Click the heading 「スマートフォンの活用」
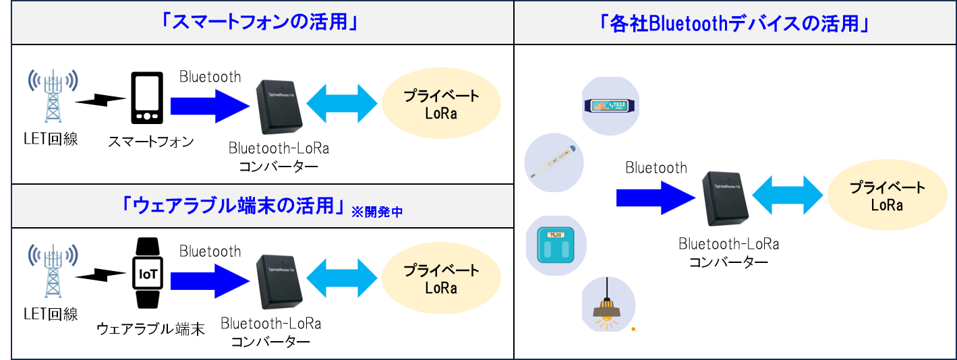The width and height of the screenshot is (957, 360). coord(260,24)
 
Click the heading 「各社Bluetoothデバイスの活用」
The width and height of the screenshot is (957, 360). coord(733,24)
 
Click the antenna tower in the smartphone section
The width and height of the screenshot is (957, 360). coord(53,96)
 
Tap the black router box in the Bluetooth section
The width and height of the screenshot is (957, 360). coord(725,198)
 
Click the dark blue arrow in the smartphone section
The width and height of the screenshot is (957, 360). coord(210,106)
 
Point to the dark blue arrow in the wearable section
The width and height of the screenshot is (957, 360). coord(210,281)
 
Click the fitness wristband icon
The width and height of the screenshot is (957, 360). coord(610,106)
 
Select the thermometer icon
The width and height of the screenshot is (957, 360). coord(554,162)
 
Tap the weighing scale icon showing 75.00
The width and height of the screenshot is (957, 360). coord(556,245)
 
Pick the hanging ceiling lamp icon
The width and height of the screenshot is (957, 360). coord(608,302)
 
